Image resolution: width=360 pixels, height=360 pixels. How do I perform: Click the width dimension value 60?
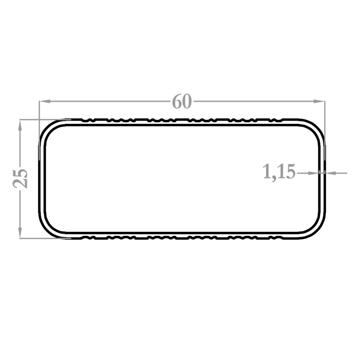[182, 101]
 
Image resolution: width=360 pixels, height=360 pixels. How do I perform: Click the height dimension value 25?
[20, 179]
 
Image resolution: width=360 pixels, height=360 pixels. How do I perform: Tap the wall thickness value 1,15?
[279, 172]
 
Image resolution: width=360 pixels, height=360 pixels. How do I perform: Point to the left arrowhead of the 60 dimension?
[45, 101]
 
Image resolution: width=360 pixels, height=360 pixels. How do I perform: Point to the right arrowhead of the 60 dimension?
[319, 101]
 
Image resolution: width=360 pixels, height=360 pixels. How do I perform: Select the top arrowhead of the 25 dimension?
[20, 125]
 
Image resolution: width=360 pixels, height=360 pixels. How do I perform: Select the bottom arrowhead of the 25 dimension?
[20, 233]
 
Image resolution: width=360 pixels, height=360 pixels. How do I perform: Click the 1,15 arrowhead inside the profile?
[313, 173]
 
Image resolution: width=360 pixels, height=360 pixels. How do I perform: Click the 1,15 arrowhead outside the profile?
[331, 173]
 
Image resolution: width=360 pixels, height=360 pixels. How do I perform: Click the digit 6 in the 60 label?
[177, 101]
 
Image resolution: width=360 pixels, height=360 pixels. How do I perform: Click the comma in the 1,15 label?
[274, 179]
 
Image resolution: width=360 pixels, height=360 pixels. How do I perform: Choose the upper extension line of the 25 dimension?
[45, 120]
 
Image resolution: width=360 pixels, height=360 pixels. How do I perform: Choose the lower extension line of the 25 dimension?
[45, 239]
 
